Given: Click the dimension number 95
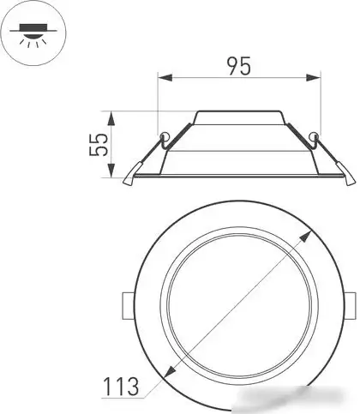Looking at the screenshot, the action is [239, 66].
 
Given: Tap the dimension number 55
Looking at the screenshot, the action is [99, 145].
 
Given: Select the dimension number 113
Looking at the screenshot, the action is [121, 387].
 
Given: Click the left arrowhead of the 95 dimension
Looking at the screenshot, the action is [165, 77].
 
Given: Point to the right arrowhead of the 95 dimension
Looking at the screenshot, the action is [313, 77].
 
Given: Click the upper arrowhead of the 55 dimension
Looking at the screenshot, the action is [111, 119].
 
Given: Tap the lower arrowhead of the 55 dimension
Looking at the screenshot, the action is [111, 170].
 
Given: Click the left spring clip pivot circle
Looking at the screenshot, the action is [165, 135].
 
